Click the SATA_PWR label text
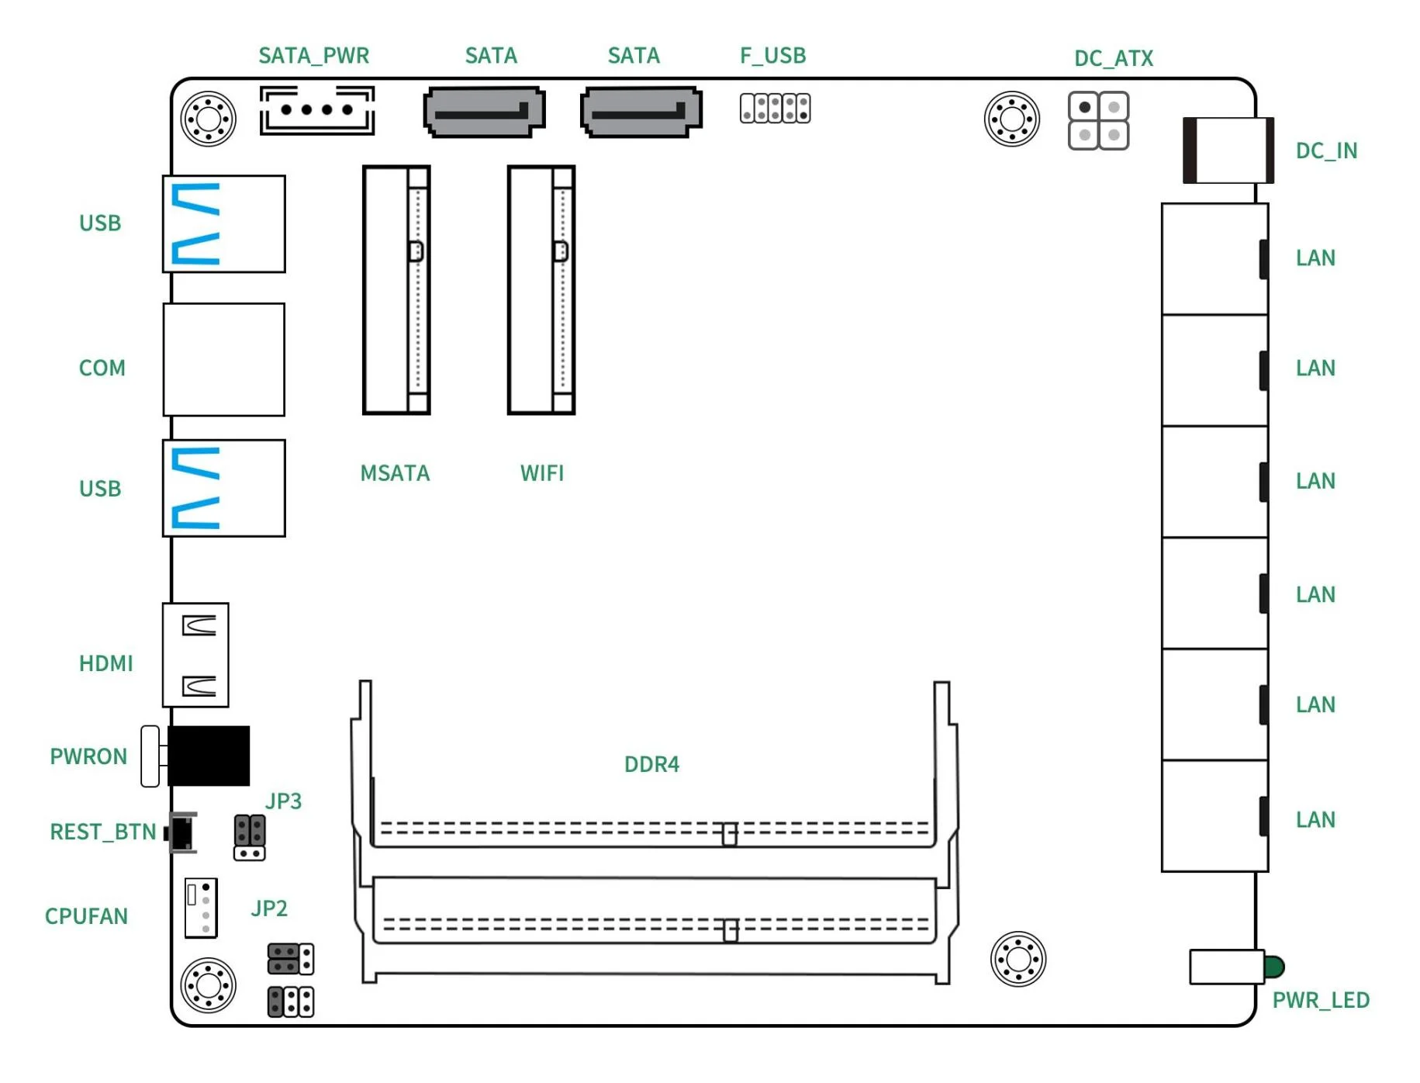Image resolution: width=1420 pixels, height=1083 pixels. coord(313,56)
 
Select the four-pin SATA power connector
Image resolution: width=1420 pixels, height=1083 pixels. coord(316,110)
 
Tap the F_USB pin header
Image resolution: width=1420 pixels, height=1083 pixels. coord(774,108)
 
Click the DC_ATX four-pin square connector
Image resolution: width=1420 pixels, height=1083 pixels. coord(1097,121)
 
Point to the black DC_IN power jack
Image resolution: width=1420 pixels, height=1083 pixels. coord(1227,151)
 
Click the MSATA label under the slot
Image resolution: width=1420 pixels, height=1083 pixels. coord(394,473)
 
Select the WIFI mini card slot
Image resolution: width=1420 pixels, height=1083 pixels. coord(541,289)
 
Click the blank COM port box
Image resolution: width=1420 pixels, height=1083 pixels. coord(223,359)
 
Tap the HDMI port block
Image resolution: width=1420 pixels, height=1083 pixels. coord(195,655)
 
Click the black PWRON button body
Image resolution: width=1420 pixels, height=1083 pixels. coord(208,756)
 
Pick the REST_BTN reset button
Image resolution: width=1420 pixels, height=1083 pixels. coord(182,833)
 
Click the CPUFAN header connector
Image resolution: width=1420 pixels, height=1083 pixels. coord(200,908)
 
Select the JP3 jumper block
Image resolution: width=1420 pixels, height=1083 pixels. coord(249,837)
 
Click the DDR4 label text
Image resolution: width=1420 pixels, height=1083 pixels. coord(651,764)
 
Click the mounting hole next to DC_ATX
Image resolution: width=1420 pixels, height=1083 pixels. coord(1011,119)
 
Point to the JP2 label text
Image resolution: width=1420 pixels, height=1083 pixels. coord(268,908)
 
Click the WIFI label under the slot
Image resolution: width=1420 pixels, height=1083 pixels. coord(541,473)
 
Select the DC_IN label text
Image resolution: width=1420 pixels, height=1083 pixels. coord(1325,151)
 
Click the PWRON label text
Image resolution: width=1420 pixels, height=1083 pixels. coord(88,756)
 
